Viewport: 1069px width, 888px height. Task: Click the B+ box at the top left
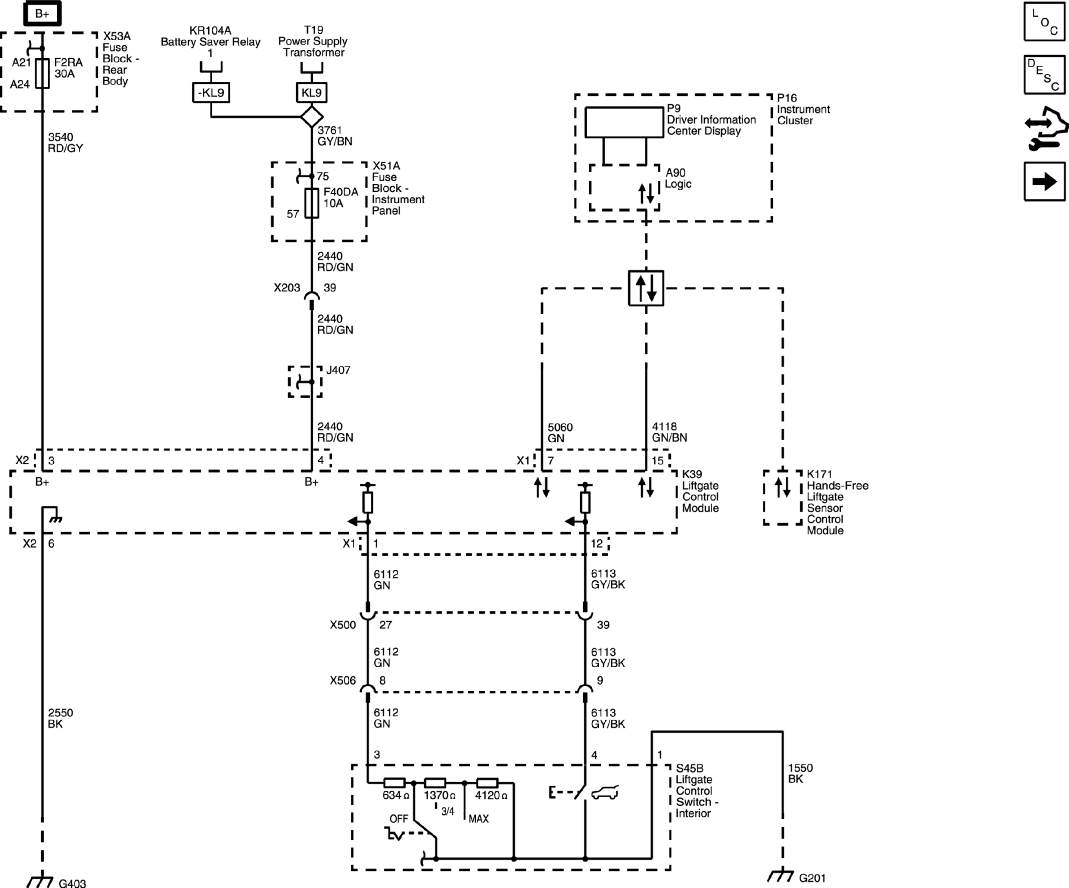tap(42, 14)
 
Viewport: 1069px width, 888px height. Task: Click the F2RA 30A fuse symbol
tap(42, 73)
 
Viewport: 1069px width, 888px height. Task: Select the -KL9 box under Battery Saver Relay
tap(211, 93)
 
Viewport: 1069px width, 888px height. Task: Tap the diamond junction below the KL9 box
tap(312, 116)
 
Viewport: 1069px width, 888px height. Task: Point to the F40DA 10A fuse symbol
tap(312, 203)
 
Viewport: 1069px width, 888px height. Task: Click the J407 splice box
tap(305, 382)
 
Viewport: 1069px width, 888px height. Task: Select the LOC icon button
tap(1044, 22)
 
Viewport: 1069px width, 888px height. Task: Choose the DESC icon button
tap(1044, 75)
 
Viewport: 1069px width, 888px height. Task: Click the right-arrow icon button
tap(1044, 182)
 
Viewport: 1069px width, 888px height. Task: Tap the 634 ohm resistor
tap(394, 783)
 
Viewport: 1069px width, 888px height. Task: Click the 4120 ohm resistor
tap(487, 783)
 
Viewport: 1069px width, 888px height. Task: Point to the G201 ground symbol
tap(781, 876)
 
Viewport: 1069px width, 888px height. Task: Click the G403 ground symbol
tap(40, 881)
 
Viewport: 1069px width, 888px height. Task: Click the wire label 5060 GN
tap(560, 432)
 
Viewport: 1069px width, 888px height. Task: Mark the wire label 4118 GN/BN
tap(669, 432)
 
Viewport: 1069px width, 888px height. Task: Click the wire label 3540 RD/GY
tap(65, 143)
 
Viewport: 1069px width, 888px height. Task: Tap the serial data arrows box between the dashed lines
tap(646, 288)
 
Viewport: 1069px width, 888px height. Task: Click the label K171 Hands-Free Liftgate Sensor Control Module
tap(837, 502)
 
